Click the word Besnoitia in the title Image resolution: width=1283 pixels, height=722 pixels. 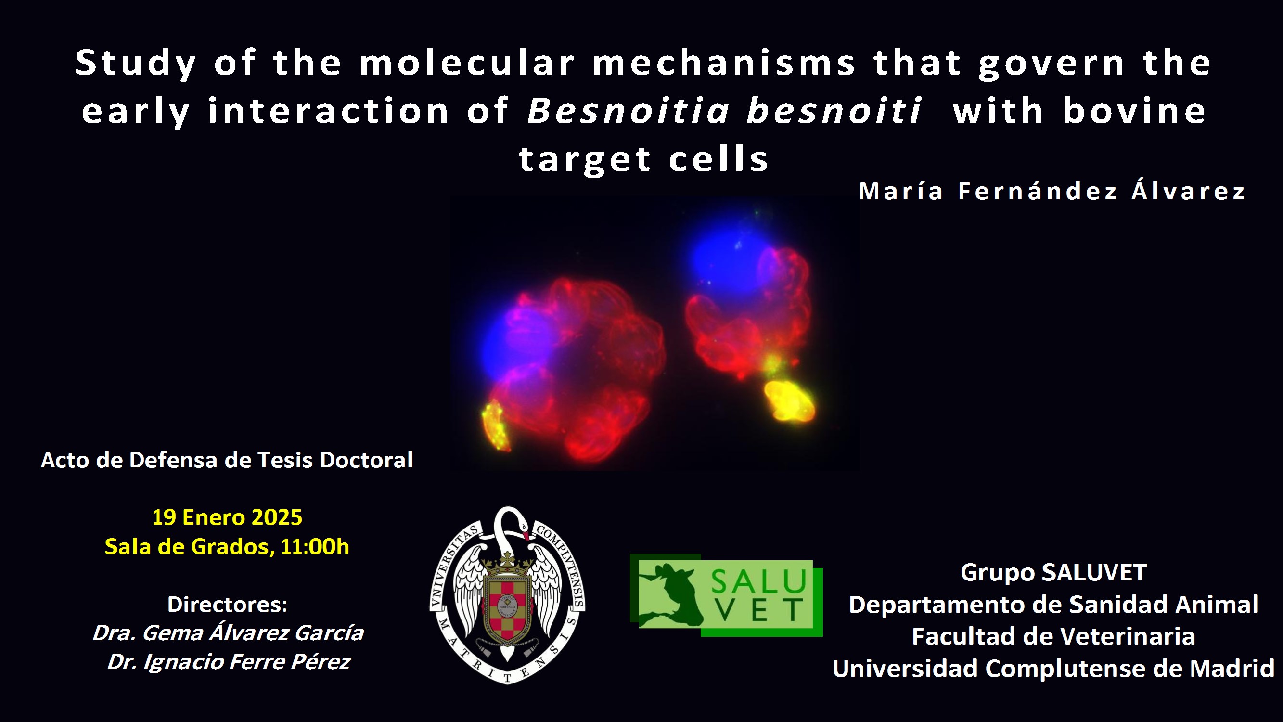pos(628,110)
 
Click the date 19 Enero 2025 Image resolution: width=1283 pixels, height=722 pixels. pos(227,517)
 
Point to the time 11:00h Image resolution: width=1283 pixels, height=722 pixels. pos(315,547)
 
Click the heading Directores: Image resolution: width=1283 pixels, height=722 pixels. pos(227,605)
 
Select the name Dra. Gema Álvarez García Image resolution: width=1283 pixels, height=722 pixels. pos(228,633)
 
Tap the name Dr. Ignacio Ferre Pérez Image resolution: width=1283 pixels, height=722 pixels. pos(229,662)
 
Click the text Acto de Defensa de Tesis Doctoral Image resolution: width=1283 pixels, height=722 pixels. pos(227,460)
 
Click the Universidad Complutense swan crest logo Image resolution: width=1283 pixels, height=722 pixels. pos(507,595)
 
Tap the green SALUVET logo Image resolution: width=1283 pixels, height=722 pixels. pos(726,595)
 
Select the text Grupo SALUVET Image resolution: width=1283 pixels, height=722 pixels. pos(1053,572)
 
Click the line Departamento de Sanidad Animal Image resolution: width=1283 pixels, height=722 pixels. pos(1053,605)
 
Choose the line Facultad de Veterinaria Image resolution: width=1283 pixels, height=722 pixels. pos(1053,636)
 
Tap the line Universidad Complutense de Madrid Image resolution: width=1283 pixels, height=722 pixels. pos(1053,668)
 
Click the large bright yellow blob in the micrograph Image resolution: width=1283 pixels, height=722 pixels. pos(789,401)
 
